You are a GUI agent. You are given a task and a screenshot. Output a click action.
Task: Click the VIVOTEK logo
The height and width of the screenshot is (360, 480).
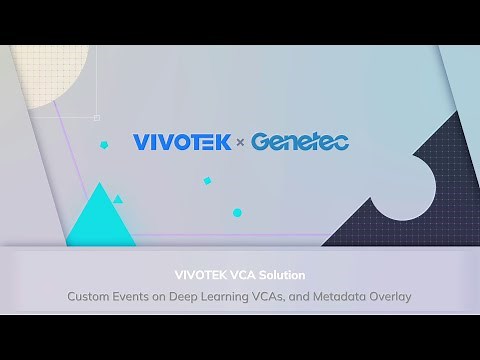tap(182, 142)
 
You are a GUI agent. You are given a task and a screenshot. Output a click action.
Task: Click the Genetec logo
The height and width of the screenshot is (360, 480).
tap(299, 142)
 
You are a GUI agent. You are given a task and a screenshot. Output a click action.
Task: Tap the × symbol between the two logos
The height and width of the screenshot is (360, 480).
tap(240, 143)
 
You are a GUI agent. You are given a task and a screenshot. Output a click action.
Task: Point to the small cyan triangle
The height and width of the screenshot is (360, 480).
tap(118, 199)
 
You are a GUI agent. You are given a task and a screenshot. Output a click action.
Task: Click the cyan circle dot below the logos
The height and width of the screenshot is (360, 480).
tap(237, 212)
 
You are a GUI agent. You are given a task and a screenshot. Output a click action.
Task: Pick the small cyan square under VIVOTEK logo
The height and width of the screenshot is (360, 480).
tap(207, 181)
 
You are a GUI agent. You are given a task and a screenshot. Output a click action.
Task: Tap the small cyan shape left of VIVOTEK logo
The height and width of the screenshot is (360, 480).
tap(103, 145)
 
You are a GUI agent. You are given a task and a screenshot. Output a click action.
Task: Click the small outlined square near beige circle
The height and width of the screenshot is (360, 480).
tap(96, 117)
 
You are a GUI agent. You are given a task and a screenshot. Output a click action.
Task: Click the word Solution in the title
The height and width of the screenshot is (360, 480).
tap(283, 274)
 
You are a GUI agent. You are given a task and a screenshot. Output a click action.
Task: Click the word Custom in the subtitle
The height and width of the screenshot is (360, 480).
tap(90, 296)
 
